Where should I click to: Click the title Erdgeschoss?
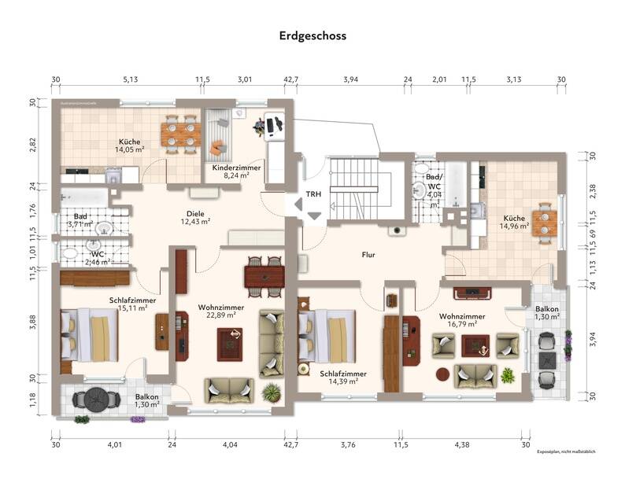312,35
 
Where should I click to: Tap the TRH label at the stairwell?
313,194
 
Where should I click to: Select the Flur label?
368,255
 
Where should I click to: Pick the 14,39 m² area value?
343,381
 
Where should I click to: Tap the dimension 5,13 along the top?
130,79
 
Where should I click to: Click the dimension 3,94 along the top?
350,79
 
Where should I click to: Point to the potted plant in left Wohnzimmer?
272,391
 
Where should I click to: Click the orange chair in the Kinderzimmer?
218,147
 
